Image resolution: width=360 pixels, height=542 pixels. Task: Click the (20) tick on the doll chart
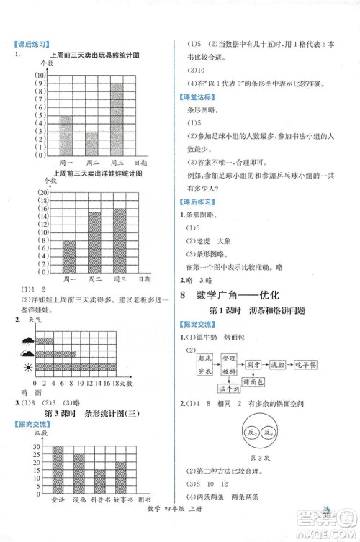tap(42, 194)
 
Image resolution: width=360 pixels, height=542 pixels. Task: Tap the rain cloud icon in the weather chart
tap(28, 353)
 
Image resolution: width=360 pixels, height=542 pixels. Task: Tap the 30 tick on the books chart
tap(35, 446)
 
